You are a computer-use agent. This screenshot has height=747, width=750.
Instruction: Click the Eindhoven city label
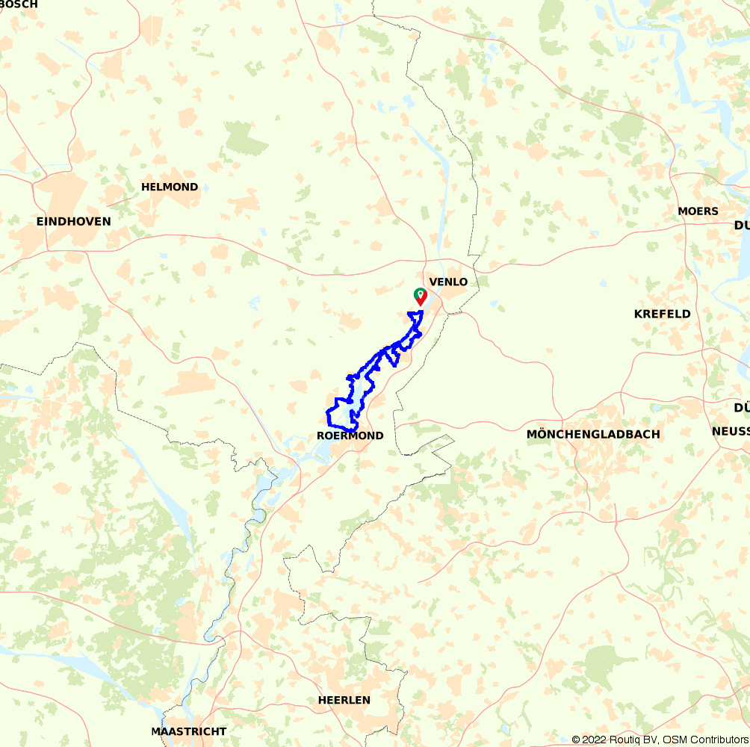coord(73,221)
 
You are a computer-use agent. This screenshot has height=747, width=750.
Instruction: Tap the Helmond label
coord(170,187)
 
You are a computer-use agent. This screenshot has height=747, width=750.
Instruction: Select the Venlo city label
coord(448,282)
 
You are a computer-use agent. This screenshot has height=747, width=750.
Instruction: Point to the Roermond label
coord(350,436)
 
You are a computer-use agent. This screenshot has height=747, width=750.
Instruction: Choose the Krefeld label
coord(662,314)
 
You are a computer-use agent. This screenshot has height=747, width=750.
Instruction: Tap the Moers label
coord(698,211)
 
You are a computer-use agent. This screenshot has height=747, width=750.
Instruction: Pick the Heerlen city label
coord(344,700)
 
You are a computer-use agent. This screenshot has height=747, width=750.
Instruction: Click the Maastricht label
coord(188,731)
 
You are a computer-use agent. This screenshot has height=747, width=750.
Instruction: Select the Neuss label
coord(730,431)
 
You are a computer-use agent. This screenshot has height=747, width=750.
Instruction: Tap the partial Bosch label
coord(18,4)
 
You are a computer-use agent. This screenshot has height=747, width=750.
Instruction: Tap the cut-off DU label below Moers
coord(741,226)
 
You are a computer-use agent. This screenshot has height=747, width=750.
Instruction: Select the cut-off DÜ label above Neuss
coord(741,407)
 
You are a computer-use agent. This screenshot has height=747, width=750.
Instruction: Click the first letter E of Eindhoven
coord(40,221)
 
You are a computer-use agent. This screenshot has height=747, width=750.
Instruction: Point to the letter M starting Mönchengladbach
coord(532,434)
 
